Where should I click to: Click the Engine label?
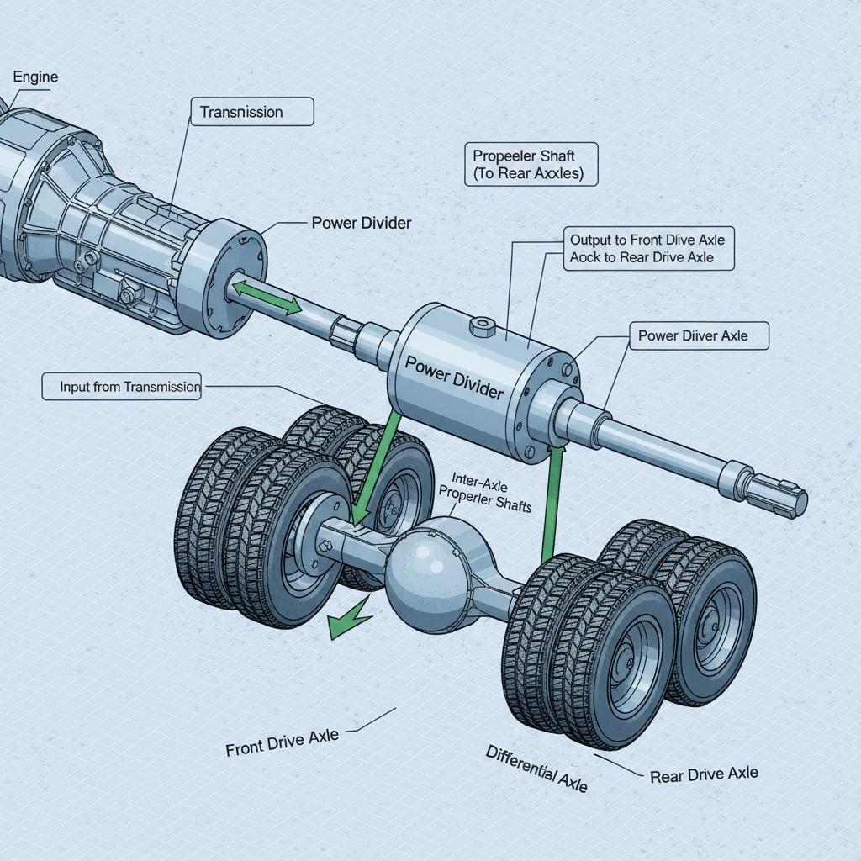point(35,77)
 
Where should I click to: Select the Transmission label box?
point(252,112)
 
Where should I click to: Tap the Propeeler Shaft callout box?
point(531,164)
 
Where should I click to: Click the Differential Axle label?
point(536,768)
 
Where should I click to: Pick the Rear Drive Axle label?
point(704,774)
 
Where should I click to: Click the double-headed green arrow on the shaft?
point(267,298)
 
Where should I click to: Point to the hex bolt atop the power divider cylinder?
point(482,326)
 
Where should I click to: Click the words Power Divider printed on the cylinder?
point(454,379)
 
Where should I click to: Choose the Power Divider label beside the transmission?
point(361,223)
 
